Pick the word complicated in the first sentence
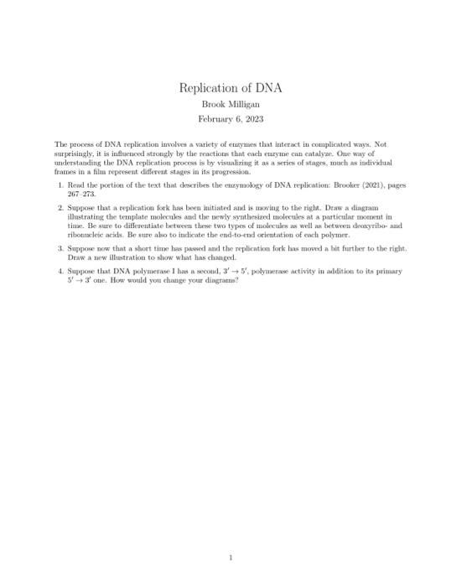click(323, 144)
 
